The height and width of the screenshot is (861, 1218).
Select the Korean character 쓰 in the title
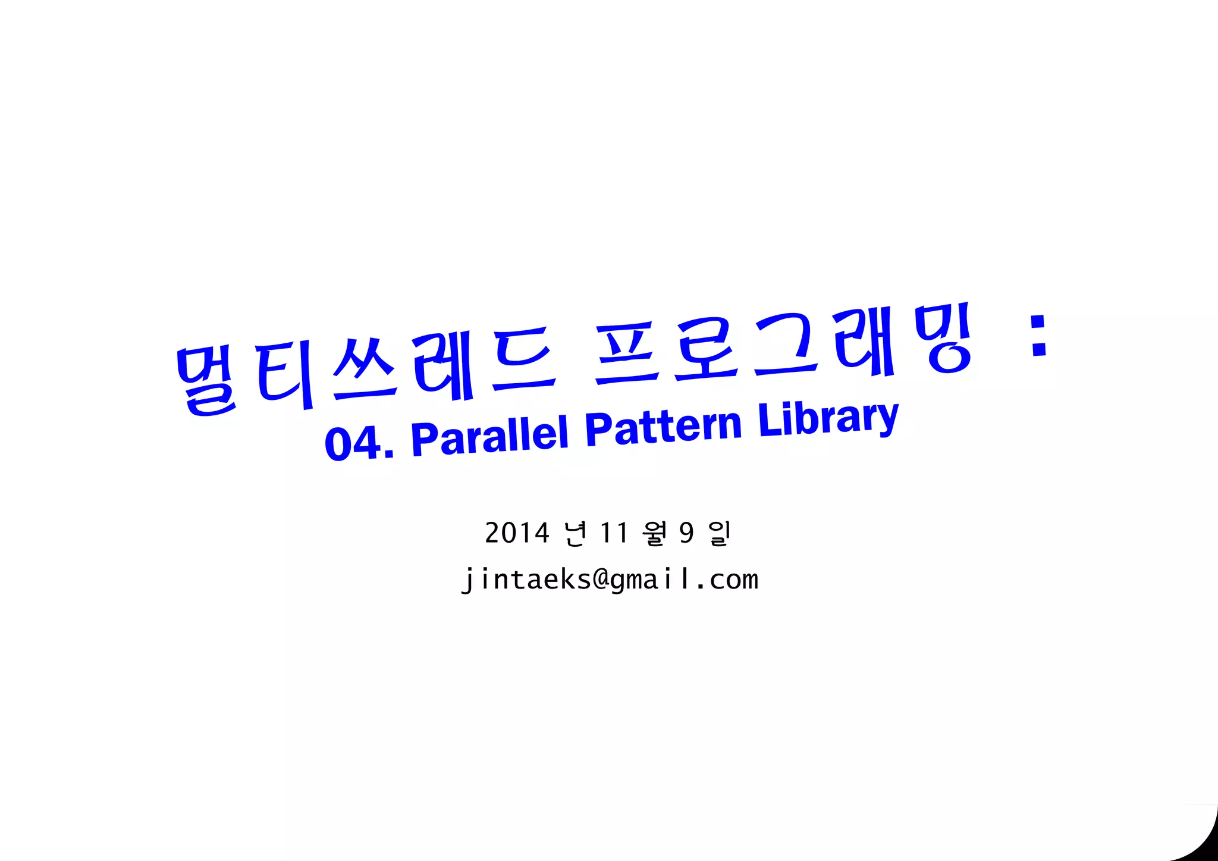(x=364, y=368)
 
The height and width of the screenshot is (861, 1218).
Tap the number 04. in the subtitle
(x=359, y=443)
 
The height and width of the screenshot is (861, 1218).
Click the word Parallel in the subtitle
(x=489, y=435)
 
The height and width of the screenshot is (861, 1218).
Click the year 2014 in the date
(x=517, y=533)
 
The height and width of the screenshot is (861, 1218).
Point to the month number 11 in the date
(x=614, y=533)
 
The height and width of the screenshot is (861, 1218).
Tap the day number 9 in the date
(x=687, y=533)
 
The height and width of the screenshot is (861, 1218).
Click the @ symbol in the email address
(x=601, y=579)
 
